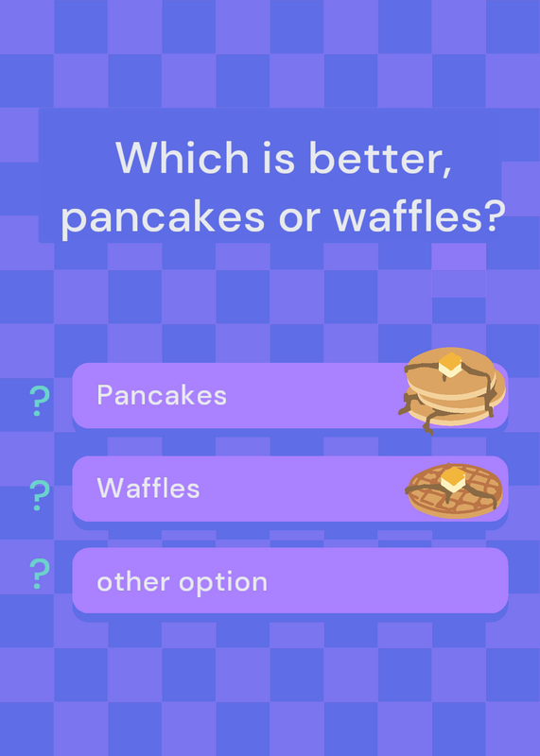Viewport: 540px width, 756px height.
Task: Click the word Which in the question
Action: (182, 157)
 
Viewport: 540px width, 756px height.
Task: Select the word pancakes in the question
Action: (163, 218)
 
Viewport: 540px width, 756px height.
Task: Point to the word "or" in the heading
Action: (299, 219)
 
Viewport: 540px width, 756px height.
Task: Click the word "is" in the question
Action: (278, 158)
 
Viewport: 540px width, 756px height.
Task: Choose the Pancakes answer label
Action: (162, 395)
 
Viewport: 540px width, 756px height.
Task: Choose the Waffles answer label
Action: (148, 489)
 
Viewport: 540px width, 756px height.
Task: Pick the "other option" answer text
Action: (182, 582)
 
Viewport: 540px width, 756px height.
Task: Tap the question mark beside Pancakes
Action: (40, 401)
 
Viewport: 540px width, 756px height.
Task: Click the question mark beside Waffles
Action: (40, 495)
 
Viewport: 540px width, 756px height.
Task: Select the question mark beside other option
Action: (40, 574)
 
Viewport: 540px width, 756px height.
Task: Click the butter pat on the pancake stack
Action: (450, 365)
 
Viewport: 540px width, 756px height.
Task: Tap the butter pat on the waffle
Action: (453, 480)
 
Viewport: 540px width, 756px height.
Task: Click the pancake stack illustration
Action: (452, 391)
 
